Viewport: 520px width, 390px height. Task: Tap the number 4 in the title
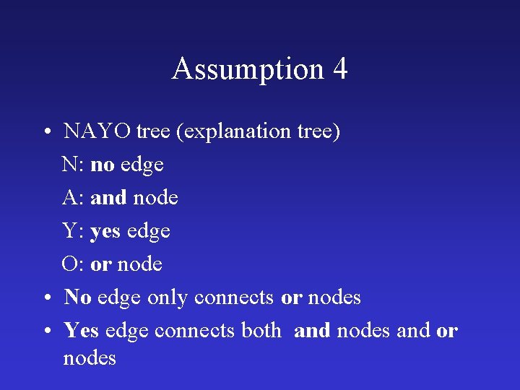pos(339,69)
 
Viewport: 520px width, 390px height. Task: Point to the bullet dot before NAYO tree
pos(45,133)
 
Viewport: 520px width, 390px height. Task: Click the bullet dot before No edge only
pos(45,298)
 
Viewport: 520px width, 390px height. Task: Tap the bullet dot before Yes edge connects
pos(45,331)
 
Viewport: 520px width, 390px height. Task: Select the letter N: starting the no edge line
pos(74,165)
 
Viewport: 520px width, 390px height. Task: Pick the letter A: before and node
pos(74,198)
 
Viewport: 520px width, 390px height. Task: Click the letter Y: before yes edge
pos(74,231)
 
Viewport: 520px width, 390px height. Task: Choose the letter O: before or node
pos(74,264)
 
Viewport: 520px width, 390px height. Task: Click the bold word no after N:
pos(103,165)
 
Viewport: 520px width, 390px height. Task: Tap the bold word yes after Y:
pos(106,232)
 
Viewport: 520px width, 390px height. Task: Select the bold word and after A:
pos(108,198)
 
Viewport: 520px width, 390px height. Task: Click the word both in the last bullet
pos(261,331)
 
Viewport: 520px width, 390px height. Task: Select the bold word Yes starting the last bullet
pos(82,331)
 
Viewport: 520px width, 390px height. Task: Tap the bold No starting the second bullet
pos(77,298)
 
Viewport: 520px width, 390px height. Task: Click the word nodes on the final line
pos(90,358)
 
